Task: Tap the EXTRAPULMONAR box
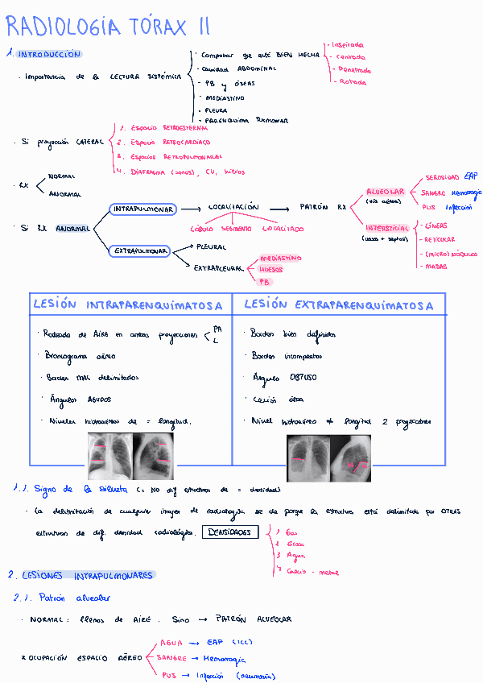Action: pyautogui.click(x=140, y=251)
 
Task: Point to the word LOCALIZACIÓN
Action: pyautogui.click(x=233, y=207)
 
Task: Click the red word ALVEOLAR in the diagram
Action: pyautogui.click(x=386, y=192)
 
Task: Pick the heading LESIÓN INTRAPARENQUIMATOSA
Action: pyautogui.click(x=128, y=305)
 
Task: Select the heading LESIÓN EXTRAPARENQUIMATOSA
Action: pyautogui.click(x=338, y=305)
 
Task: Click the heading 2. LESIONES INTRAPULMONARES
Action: pyautogui.click(x=80, y=575)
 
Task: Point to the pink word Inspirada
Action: pyautogui.click(x=349, y=45)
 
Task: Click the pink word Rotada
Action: pyautogui.click(x=352, y=81)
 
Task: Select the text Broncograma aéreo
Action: pyautogui.click(x=81, y=355)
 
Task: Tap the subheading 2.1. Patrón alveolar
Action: pyautogui.click(x=61, y=598)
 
